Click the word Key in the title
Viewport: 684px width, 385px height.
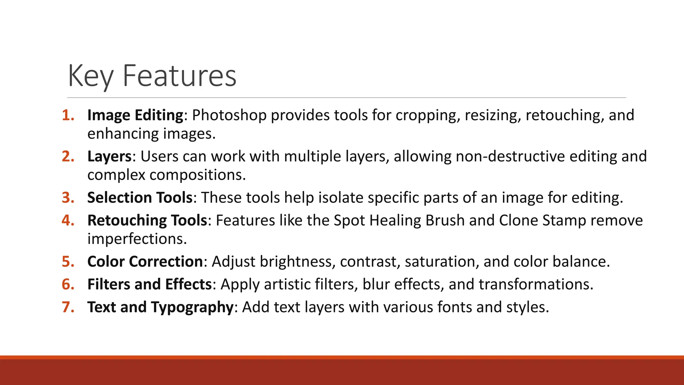coord(91,76)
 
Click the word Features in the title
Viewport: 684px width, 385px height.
coord(180,76)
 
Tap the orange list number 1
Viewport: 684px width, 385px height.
coord(68,115)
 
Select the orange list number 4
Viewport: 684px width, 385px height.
coord(68,220)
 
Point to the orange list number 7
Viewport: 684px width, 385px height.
coord(68,307)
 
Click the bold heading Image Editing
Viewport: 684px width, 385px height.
coord(135,115)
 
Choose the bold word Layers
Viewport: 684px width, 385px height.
coord(110,156)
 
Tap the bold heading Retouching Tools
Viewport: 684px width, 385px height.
coord(147,220)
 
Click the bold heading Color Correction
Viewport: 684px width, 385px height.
coord(145,261)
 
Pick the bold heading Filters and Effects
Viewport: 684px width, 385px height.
coord(149,284)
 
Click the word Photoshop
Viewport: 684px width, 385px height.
coord(229,115)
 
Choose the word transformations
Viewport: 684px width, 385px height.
coord(536,284)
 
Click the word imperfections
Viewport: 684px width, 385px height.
coord(137,239)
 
